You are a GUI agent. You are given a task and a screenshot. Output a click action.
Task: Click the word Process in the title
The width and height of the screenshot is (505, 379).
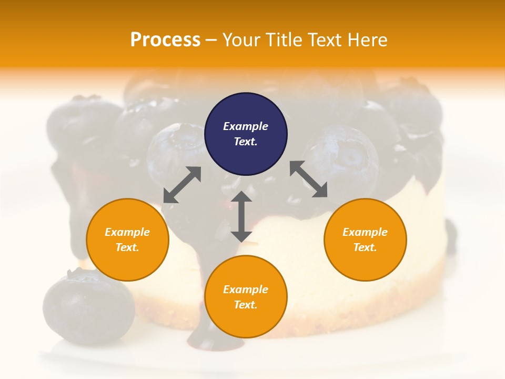[x=165, y=40]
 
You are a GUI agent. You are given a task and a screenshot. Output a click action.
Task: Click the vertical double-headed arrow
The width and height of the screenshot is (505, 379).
[x=241, y=216]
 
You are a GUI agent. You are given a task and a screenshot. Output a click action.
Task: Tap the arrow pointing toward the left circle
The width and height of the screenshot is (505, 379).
[x=182, y=185]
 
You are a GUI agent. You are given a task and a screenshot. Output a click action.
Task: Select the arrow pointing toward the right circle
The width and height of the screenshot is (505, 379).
[x=309, y=179]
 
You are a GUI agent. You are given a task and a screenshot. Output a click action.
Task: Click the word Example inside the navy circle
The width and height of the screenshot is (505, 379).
[x=246, y=126]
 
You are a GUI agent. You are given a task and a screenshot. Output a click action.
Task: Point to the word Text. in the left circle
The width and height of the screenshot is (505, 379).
[x=127, y=247]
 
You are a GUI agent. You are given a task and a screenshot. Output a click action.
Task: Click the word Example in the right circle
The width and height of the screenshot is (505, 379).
[x=365, y=232]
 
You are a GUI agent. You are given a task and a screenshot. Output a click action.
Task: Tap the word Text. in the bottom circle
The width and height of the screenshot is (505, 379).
[x=246, y=305]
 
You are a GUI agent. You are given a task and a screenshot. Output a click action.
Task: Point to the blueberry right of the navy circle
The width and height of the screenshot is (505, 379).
[x=342, y=158]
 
